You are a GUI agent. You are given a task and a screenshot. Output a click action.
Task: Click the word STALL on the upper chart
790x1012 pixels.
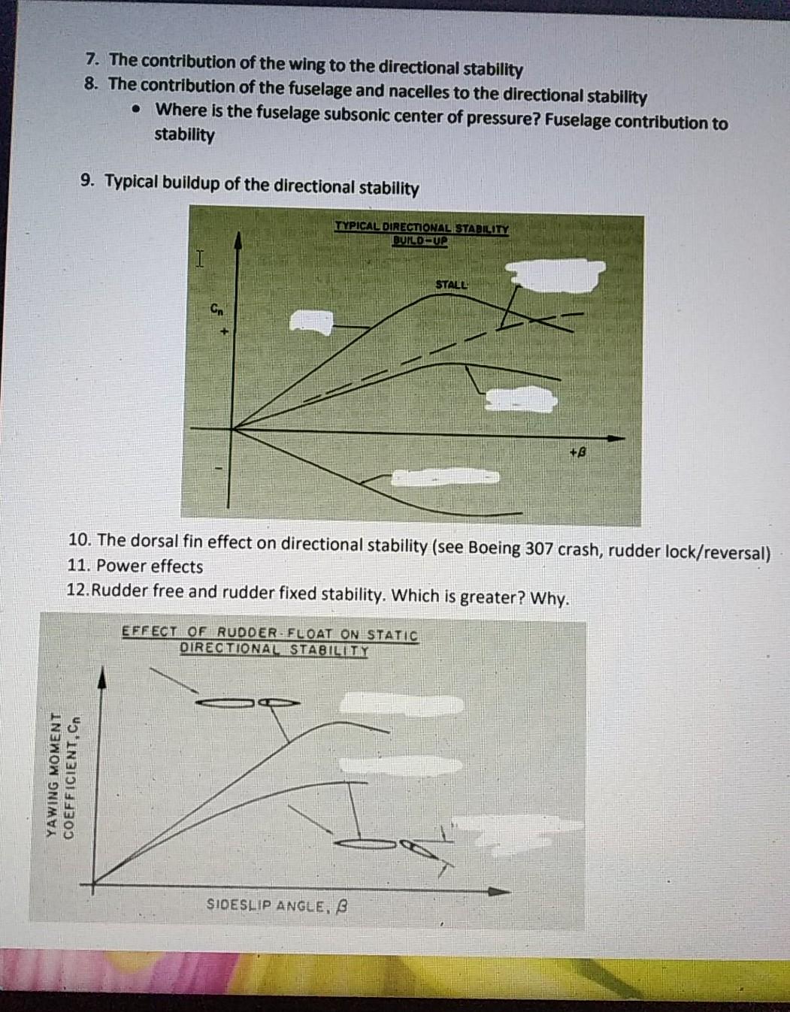point(451,285)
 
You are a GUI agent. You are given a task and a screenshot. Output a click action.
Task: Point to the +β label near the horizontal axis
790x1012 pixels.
point(577,453)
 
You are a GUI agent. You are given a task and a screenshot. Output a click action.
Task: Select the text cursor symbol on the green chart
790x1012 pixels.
point(199,259)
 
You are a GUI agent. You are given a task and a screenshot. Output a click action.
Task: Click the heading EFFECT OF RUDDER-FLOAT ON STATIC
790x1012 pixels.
point(270,633)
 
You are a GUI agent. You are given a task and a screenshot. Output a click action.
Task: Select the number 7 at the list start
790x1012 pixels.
point(92,59)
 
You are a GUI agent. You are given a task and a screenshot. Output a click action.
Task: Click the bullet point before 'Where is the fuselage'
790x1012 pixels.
point(137,110)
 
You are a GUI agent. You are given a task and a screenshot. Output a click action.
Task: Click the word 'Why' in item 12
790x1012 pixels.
point(548,598)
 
